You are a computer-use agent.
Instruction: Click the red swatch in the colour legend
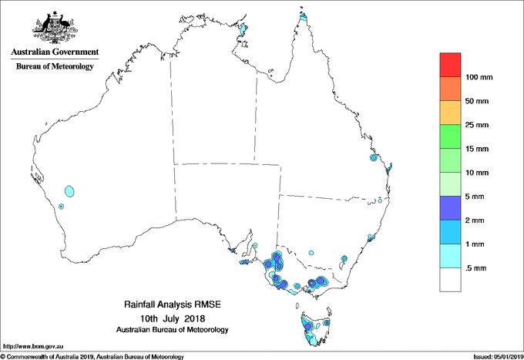450,65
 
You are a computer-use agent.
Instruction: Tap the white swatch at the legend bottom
450,279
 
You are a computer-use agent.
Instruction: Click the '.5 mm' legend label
477,267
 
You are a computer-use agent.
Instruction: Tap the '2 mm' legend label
476,220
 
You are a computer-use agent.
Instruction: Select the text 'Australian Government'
55,52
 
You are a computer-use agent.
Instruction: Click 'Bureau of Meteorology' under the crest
55,67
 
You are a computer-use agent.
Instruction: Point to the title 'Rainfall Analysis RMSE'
172,306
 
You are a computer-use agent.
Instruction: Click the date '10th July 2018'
172,318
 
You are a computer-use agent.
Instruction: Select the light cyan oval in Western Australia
71,190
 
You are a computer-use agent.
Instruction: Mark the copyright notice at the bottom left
92,356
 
